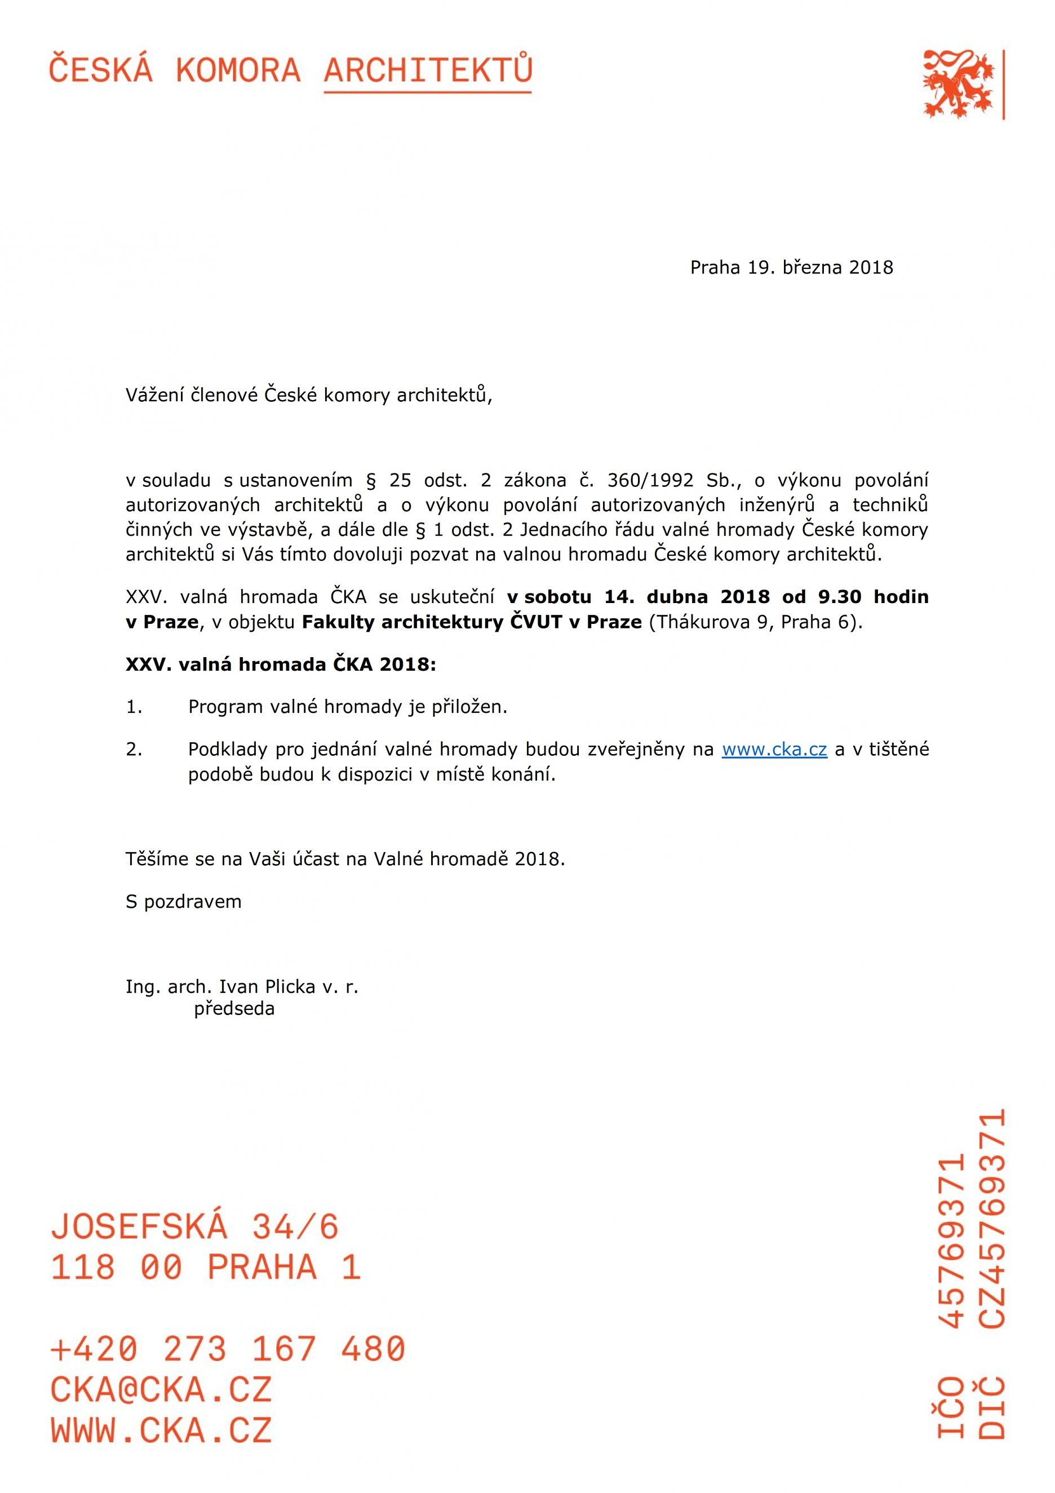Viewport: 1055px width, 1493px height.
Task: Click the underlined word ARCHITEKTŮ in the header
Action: click(428, 71)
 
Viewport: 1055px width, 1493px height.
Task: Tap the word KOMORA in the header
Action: click(238, 71)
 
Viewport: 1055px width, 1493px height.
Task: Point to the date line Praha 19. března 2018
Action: click(791, 267)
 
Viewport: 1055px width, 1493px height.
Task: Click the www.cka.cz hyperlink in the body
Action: click(774, 750)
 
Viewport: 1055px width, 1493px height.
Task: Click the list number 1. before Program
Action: click(134, 707)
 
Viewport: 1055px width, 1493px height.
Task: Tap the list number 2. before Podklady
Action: click(134, 750)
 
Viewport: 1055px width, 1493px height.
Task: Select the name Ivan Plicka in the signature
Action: click(267, 987)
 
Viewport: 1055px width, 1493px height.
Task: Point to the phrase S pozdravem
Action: click(183, 902)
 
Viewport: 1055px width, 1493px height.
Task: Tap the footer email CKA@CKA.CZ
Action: click(161, 1390)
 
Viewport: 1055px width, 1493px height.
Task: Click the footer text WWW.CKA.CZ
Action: click(161, 1430)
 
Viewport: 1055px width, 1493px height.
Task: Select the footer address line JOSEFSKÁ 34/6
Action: click(195, 1227)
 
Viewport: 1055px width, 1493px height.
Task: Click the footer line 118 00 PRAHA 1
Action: click(205, 1268)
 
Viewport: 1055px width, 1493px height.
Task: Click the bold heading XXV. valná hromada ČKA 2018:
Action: click(281, 664)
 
